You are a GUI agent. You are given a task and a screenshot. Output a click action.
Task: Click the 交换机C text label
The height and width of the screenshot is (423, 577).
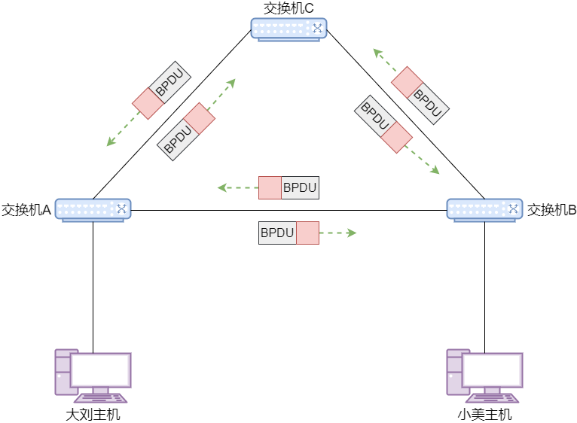point(288,8)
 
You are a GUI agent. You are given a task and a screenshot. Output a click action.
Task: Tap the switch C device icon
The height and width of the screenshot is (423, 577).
point(288,29)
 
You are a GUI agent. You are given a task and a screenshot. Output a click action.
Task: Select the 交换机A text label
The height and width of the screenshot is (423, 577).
point(26,210)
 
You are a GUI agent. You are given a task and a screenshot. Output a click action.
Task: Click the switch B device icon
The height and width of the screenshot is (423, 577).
point(484,211)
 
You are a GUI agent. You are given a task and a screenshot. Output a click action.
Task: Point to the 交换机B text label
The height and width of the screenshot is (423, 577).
point(551,210)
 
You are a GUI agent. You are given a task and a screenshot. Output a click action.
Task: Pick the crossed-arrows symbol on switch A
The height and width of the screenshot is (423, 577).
point(121,209)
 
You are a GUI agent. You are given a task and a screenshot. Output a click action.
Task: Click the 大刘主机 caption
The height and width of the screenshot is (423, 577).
point(93,415)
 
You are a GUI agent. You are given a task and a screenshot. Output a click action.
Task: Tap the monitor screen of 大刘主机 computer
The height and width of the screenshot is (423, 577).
point(101,370)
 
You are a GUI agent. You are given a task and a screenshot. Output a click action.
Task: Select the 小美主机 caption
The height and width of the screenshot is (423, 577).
point(484,415)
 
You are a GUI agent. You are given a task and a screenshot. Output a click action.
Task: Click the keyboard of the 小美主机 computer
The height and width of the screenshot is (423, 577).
point(492,398)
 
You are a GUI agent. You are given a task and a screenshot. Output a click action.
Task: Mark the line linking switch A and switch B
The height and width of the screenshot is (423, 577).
point(288,211)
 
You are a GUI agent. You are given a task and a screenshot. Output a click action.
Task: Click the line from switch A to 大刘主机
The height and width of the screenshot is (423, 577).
point(93,288)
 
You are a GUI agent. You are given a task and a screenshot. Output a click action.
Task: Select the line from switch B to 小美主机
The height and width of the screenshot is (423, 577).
point(484,288)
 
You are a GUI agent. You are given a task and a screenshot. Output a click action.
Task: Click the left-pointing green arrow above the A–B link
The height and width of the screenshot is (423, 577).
point(238,187)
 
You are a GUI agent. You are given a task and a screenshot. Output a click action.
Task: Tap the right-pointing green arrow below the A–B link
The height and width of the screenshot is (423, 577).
point(337,233)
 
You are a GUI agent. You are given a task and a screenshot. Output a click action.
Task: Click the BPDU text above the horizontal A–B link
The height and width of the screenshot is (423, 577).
point(300,187)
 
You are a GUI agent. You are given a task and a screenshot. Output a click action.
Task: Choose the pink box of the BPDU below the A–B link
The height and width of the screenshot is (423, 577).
point(307,233)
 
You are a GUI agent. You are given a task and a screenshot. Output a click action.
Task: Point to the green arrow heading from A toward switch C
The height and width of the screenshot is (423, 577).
point(221,94)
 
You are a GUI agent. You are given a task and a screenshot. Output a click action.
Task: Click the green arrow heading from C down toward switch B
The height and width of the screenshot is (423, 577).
point(422,160)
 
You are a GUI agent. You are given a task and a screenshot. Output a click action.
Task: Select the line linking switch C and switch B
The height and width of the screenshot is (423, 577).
point(405,114)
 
